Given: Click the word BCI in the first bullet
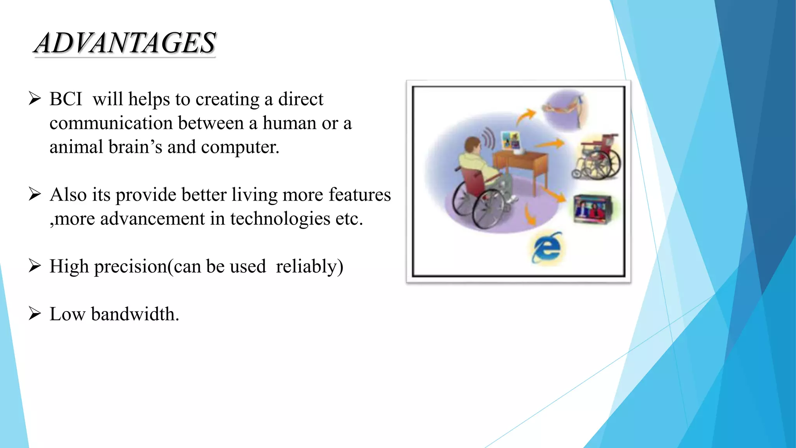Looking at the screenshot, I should (66, 99).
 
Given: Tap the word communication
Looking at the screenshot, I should (111, 123).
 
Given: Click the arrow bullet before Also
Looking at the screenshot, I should (35, 194).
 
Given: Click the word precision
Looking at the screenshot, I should (131, 267).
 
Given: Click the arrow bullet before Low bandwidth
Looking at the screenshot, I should (35, 313).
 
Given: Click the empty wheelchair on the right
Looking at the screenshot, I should (597, 157).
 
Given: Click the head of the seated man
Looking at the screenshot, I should (473, 145).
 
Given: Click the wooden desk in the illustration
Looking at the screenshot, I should (521, 163).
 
